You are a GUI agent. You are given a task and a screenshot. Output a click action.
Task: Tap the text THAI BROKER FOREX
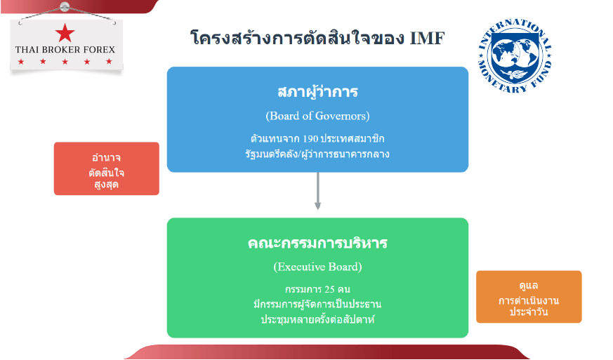click(65, 50)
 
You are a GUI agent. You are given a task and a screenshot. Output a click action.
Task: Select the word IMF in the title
click(427, 38)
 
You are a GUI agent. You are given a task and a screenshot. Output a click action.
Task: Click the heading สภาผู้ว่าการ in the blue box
click(317, 92)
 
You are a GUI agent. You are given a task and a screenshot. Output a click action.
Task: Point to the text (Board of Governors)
click(317, 115)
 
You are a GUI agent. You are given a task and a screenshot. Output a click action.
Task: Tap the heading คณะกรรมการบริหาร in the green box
click(317, 244)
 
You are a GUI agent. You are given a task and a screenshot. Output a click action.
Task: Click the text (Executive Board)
click(317, 267)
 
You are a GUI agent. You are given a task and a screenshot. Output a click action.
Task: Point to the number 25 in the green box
click(329, 289)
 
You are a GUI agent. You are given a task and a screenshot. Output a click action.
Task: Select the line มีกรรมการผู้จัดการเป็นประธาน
click(317, 305)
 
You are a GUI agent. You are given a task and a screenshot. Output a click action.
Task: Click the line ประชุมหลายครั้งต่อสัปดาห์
click(317, 319)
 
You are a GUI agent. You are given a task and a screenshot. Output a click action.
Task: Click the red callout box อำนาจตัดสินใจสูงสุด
click(107, 168)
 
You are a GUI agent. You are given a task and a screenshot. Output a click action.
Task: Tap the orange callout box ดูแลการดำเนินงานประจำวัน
click(529, 297)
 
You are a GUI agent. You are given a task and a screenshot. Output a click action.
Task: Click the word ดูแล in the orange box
click(529, 286)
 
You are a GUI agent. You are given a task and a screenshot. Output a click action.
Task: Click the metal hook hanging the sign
click(65, 7)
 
